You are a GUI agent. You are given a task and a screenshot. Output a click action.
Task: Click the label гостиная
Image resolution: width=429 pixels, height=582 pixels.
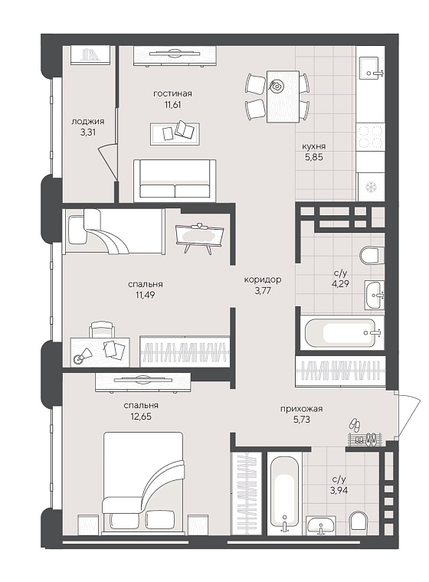tap(172, 93)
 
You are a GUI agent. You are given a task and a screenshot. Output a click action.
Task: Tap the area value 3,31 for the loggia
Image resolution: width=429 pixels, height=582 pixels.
tap(88, 132)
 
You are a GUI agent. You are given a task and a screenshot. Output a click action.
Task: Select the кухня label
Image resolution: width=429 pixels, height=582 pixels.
tap(314, 146)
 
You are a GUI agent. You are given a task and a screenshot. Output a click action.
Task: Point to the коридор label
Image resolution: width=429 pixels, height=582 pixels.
tap(263, 280)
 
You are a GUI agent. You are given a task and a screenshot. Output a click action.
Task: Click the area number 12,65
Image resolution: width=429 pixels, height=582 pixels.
tap(141, 417)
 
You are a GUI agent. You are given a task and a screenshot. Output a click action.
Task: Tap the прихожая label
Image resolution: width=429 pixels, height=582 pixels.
tap(301, 409)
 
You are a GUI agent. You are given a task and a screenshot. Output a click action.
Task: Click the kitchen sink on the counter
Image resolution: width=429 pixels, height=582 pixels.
tap(370, 69)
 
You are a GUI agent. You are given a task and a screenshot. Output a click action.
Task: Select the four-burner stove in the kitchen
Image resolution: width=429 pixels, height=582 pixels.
tap(370, 137)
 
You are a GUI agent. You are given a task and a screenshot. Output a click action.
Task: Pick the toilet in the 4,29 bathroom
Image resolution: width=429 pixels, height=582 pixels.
tap(370, 255)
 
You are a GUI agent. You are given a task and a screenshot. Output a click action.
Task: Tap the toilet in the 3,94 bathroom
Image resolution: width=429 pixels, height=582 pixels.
tap(359, 522)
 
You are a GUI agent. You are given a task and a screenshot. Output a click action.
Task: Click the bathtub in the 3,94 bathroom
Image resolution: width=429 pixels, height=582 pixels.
tap(284, 495)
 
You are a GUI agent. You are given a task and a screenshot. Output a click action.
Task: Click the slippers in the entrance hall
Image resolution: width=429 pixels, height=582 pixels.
tap(355, 424)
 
